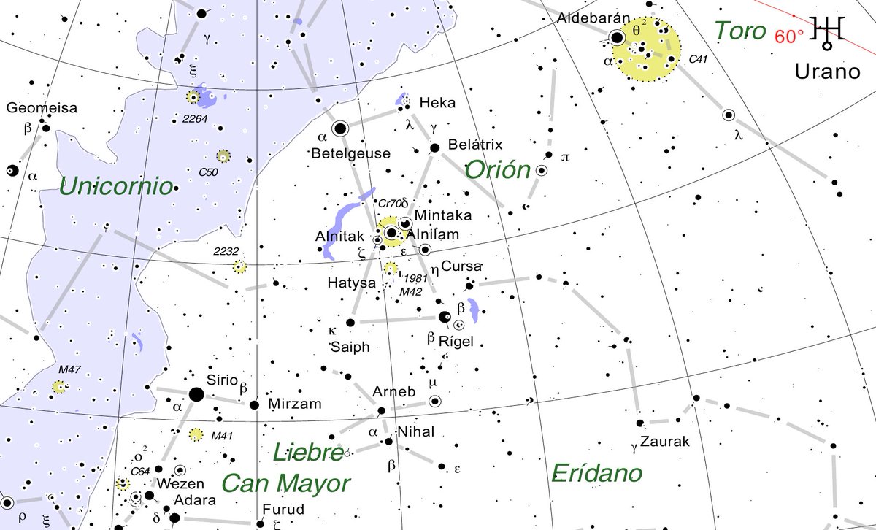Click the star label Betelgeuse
[350, 154]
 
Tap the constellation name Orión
[497, 169]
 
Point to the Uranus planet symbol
[830, 31]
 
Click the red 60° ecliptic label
[789, 37]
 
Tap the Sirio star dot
[196, 394]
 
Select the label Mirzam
[295, 404]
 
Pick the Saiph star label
[350, 347]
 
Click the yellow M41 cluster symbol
[196, 435]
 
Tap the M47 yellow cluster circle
[58, 387]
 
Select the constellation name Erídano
[597, 473]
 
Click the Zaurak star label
[665, 442]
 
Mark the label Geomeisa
[42, 109]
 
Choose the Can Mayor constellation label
[285, 483]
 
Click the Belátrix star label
[475, 145]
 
